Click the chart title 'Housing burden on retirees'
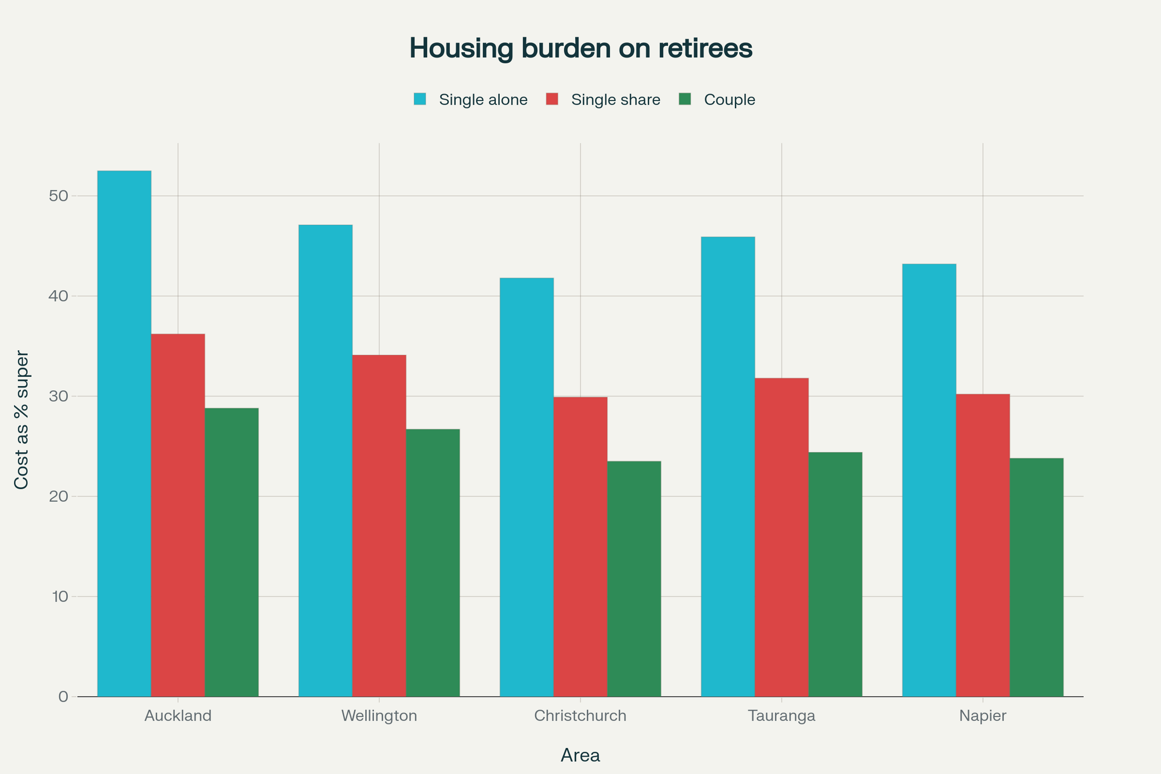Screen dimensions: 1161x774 580,48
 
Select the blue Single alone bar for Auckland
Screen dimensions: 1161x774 124,434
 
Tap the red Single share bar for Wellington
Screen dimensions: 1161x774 379,525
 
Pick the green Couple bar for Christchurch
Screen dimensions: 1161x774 634,579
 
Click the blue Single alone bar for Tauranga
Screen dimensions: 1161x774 728,467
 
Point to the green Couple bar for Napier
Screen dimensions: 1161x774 1037,577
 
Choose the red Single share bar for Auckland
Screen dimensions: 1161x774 178,515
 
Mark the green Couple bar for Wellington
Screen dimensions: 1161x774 432,563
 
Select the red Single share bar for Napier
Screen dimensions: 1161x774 983,545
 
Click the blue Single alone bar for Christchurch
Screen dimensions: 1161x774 527,487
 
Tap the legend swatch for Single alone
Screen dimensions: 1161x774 420,99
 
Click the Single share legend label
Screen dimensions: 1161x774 616,100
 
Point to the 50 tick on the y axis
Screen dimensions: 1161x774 59,196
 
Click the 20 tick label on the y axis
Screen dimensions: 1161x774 59,496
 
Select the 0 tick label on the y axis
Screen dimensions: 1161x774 63,697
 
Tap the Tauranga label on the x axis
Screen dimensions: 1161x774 781,716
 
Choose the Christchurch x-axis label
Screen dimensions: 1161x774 580,715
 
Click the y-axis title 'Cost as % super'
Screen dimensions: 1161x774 21,420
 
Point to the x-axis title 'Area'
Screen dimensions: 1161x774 580,755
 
